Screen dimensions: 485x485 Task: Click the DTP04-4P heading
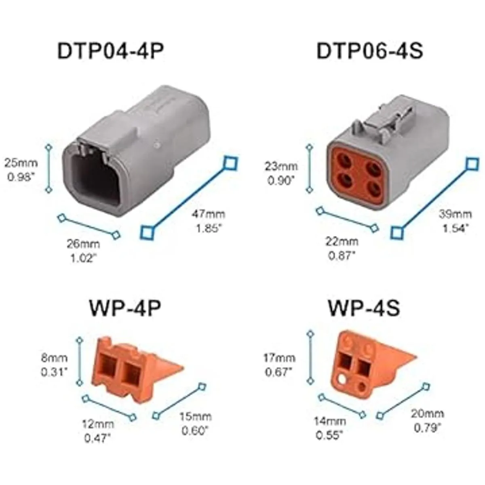(x=111, y=51)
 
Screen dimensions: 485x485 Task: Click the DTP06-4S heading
(x=369, y=51)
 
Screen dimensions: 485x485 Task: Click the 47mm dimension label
(x=209, y=215)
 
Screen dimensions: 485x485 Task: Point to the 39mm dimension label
(x=456, y=215)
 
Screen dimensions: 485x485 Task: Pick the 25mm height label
(x=21, y=163)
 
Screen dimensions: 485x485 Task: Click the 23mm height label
(x=281, y=167)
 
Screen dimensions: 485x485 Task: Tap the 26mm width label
(x=83, y=244)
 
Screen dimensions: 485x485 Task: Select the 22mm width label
(x=342, y=242)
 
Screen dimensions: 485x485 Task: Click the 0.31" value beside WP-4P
(x=55, y=373)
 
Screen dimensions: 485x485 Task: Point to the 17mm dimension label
(x=279, y=358)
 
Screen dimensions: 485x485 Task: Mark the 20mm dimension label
(x=428, y=413)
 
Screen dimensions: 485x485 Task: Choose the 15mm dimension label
(x=196, y=417)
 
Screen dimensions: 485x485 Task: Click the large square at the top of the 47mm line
(x=231, y=163)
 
